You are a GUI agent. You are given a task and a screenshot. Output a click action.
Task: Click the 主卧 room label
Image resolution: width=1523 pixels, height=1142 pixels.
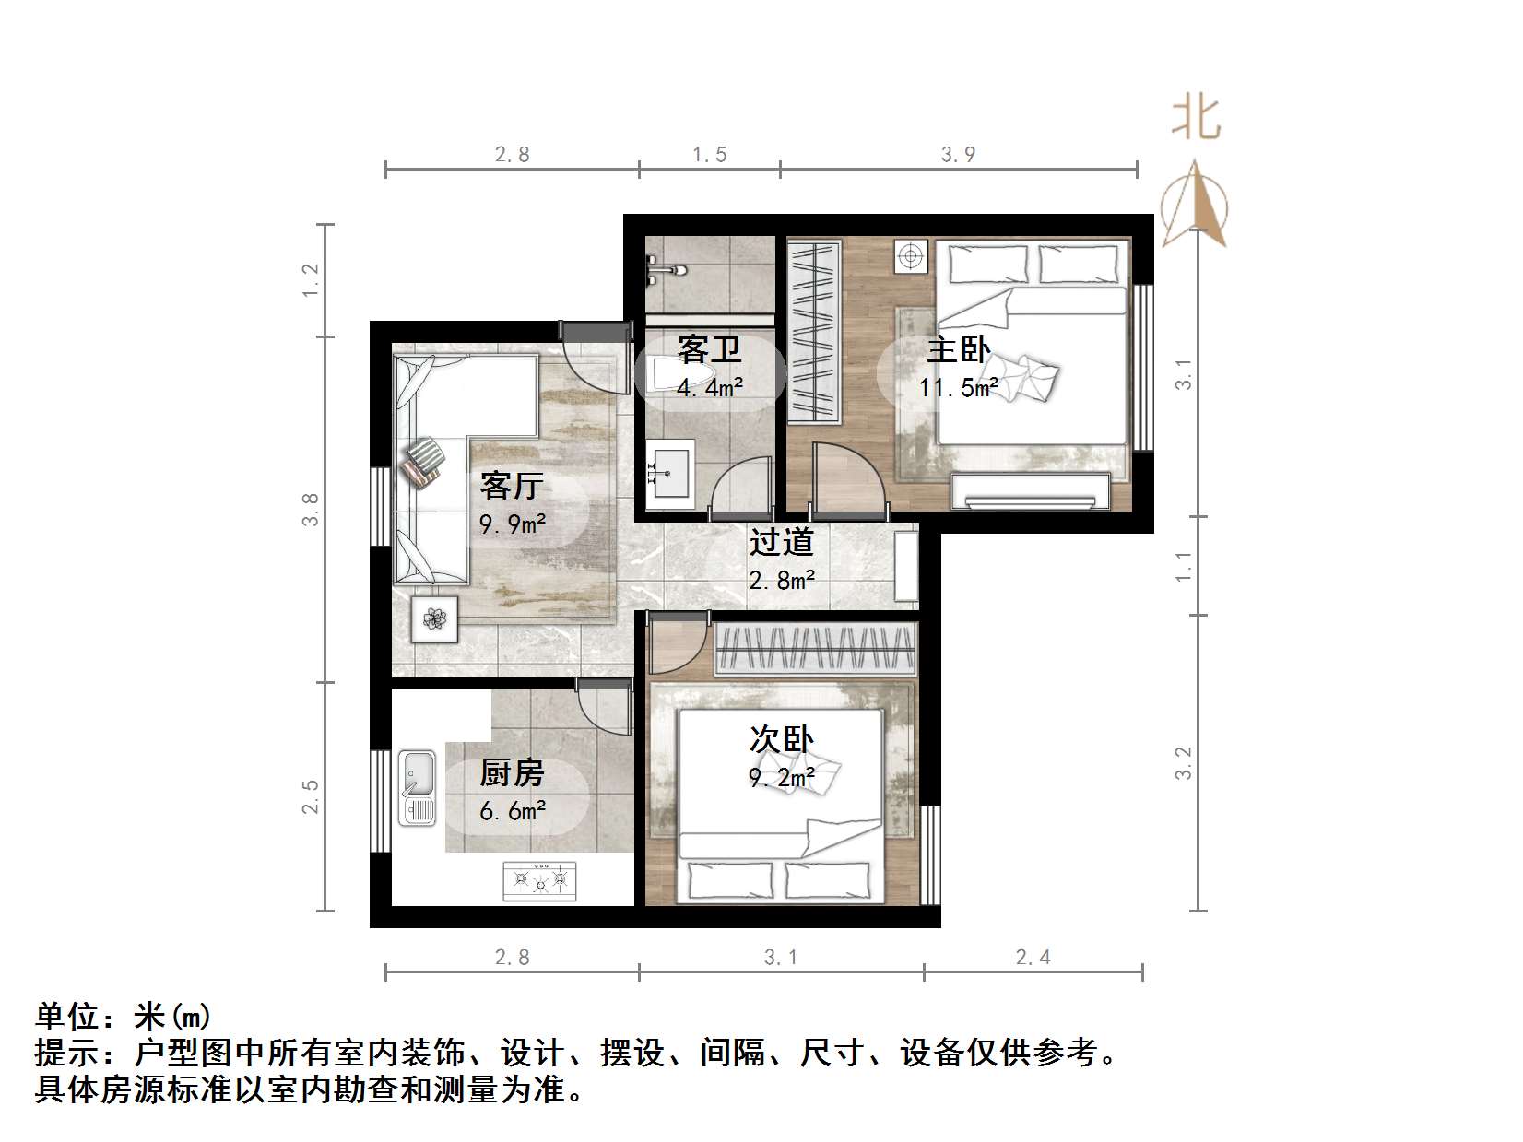[959, 350]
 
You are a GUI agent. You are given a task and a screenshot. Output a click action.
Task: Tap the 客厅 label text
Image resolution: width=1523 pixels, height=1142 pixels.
[512, 486]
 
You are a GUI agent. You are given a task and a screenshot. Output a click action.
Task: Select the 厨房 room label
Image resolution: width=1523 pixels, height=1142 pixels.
[512, 772]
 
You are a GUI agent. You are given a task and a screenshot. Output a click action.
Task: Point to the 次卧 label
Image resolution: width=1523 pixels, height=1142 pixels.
[781, 738]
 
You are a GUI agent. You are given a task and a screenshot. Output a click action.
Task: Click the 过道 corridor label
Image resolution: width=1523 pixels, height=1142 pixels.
[781, 542]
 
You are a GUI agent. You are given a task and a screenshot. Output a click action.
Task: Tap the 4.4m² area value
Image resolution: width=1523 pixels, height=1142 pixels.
[710, 388]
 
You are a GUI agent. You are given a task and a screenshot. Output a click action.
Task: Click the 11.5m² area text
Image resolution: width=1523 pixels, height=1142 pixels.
[959, 388]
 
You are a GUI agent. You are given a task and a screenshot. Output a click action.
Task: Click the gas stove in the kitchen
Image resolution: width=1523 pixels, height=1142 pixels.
[539, 881]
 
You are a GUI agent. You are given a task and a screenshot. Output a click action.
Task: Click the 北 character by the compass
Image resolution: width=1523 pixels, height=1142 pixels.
[1197, 118]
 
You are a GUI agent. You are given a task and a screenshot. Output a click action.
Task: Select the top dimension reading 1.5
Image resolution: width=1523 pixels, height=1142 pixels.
[710, 154]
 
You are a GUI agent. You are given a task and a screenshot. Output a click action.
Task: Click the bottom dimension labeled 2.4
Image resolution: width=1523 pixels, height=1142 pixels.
[1033, 958]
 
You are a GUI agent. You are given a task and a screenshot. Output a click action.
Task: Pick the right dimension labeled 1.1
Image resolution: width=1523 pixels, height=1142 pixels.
[1184, 566]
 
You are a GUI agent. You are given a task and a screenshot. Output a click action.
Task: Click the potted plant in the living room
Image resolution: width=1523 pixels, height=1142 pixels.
[434, 618]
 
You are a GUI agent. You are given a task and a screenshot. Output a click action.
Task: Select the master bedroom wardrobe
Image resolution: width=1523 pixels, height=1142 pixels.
[814, 332]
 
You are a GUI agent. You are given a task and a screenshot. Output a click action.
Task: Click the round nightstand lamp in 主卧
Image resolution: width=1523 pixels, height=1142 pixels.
[911, 256]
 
